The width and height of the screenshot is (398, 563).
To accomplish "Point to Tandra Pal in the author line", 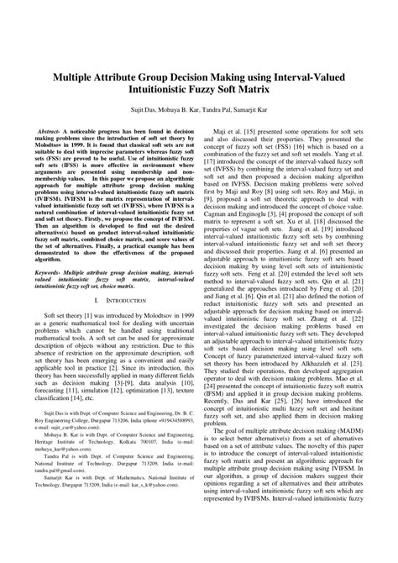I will coord(214,108).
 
